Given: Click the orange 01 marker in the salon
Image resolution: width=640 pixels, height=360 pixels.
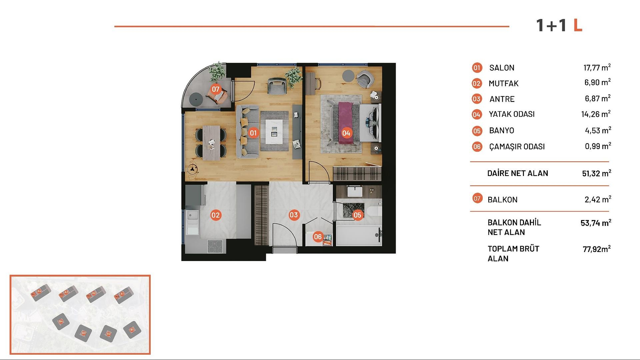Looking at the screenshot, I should [x=253, y=133].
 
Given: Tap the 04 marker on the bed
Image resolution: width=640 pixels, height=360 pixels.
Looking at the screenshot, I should [x=346, y=133].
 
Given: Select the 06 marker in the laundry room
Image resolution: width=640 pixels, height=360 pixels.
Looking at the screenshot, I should [x=318, y=237].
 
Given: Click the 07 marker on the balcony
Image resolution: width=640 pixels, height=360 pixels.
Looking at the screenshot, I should [x=216, y=89].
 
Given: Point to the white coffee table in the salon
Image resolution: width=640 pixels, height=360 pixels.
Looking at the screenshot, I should [x=274, y=131].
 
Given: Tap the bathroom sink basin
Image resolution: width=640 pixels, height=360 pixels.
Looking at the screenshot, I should [x=354, y=192].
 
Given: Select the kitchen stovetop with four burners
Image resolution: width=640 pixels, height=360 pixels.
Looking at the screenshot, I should [x=215, y=247].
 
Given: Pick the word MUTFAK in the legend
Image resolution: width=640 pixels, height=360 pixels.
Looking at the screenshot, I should [x=503, y=83].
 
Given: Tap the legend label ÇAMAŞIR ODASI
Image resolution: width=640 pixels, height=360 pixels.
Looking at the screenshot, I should [x=517, y=147].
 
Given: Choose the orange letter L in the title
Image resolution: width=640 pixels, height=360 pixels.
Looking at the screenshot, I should [x=578, y=25].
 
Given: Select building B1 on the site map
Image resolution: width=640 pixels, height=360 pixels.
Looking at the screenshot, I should [x=132, y=330].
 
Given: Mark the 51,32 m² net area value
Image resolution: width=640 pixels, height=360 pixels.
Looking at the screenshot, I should [x=596, y=173].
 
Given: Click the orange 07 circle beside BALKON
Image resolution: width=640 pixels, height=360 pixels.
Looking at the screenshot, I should [x=477, y=199].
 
